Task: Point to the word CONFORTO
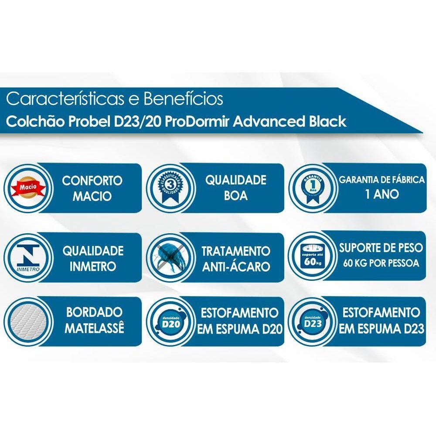coord(92,181)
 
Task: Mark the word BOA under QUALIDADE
coord(236,196)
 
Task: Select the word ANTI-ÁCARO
coord(236,266)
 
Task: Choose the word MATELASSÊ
coord(94,328)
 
